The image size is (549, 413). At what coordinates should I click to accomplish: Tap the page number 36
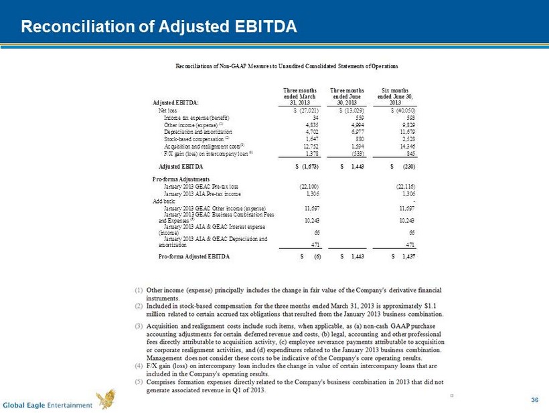coord(534,400)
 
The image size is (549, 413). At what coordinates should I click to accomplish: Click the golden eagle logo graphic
coord(105,400)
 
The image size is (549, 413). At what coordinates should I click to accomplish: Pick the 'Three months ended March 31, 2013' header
coord(300,95)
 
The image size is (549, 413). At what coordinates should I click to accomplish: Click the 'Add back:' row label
coord(164,200)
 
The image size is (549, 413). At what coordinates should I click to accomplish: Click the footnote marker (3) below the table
coord(138,326)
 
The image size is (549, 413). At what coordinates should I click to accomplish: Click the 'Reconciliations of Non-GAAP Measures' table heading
coord(287,66)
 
